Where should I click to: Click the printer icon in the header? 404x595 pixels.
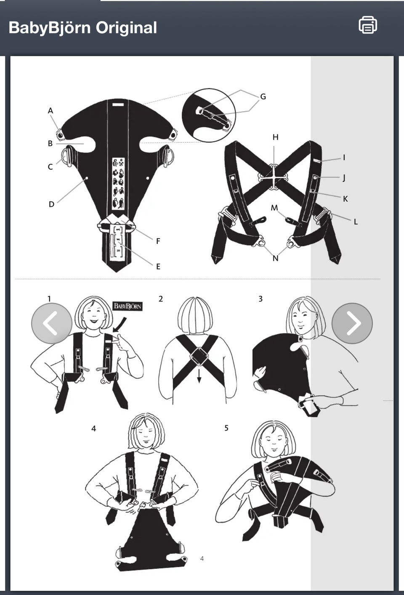pyautogui.click(x=368, y=25)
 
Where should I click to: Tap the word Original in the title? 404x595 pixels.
pyautogui.click(x=126, y=28)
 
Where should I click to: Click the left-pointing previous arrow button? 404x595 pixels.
pyautogui.click(x=52, y=323)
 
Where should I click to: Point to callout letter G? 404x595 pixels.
pyautogui.click(x=263, y=96)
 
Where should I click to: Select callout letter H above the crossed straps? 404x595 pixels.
pyautogui.click(x=276, y=137)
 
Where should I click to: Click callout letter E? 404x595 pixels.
pyautogui.click(x=158, y=266)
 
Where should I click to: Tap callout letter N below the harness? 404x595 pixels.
pyautogui.click(x=275, y=258)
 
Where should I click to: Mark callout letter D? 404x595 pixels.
pyautogui.click(x=51, y=204)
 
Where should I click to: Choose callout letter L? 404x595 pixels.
pyautogui.click(x=356, y=222)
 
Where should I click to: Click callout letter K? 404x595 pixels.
pyautogui.click(x=345, y=199)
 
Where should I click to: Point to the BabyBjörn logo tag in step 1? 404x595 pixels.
pyautogui.click(x=128, y=306)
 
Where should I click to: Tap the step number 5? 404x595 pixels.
pyautogui.click(x=226, y=428)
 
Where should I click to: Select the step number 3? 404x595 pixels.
pyautogui.click(x=260, y=299)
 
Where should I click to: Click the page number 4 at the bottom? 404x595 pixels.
pyautogui.click(x=202, y=559)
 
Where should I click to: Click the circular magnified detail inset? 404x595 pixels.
pyautogui.click(x=209, y=115)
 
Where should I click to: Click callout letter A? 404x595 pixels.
pyautogui.click(x=50, y=111)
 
